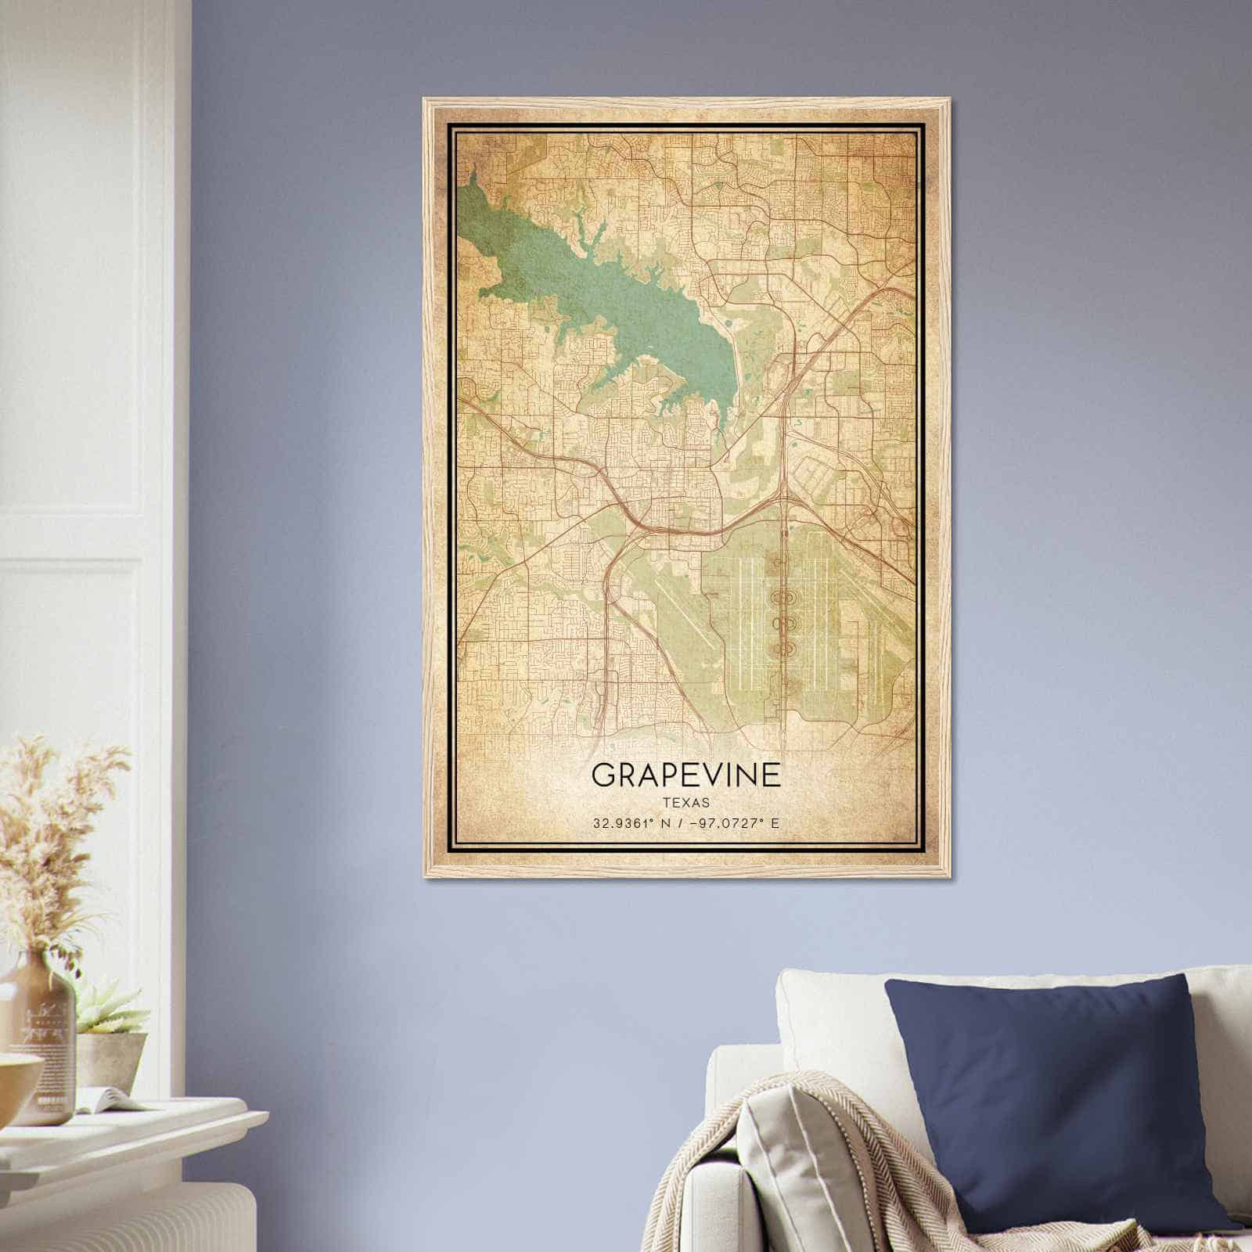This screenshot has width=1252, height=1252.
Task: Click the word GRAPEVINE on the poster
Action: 685,775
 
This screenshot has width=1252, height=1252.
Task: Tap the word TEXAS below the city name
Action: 685,802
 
